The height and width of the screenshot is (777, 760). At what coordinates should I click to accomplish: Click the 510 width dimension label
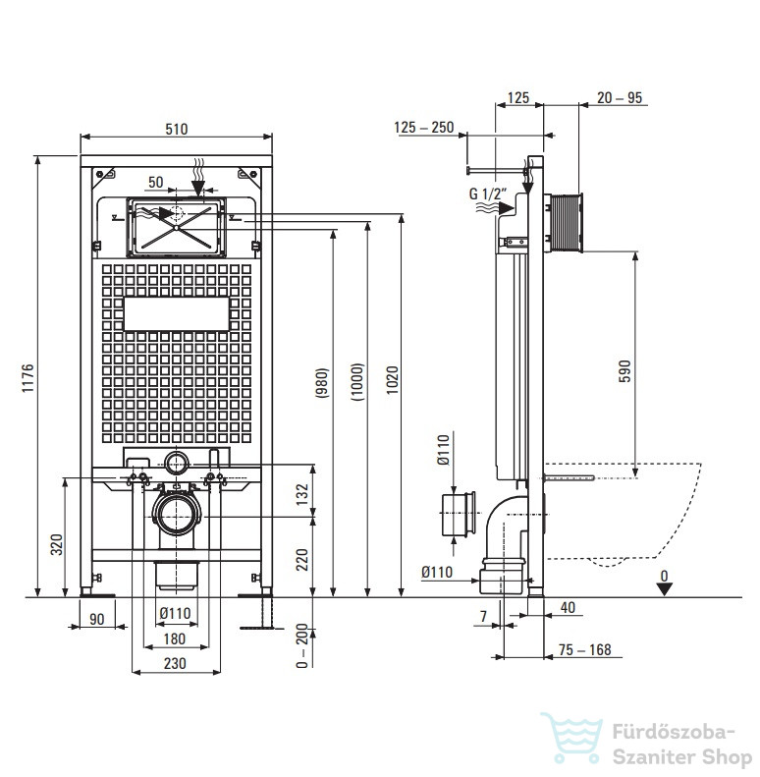point(177,129)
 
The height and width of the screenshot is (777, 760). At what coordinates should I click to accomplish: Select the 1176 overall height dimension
point(27,378)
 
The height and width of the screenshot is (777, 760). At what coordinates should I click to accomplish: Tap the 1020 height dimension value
point(392,379)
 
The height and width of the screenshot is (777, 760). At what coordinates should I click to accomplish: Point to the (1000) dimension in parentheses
point(357,381)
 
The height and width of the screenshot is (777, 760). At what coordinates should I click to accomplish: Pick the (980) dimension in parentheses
point(322,382)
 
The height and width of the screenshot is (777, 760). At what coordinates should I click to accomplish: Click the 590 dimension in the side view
point(624,371)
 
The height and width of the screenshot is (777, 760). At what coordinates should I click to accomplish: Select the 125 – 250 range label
point(424,128)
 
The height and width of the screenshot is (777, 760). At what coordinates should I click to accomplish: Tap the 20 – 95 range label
point(620,97)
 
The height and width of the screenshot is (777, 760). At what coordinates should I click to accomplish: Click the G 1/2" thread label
point(488,194)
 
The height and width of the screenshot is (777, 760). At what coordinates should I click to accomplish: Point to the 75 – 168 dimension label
point(584,649)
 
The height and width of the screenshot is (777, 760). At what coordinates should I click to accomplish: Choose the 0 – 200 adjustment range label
point(301,645)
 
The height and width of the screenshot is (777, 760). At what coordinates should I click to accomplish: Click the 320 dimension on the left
point(57,544)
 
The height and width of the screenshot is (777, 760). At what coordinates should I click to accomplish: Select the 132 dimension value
point(301,494)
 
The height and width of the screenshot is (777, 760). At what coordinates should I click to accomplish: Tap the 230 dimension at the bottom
point(175,663)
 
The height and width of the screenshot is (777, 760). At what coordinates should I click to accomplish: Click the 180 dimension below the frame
point(175,638)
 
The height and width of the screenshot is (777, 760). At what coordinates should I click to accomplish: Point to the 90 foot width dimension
point(97,619)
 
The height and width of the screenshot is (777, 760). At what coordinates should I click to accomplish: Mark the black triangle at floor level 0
point(664,589)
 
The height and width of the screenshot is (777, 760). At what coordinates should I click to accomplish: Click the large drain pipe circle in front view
point(177,516)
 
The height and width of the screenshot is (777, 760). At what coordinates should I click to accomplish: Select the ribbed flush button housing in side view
point(564,223)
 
